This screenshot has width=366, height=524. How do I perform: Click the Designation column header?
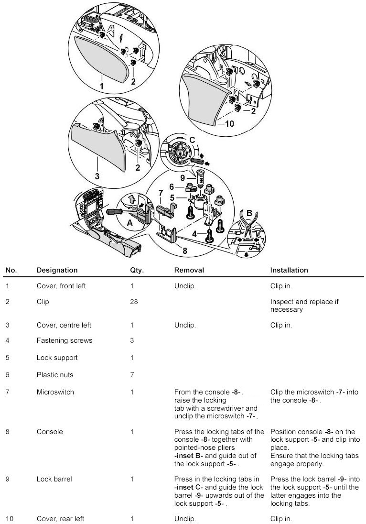(x=57, y=270)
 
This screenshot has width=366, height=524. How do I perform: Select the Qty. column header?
(x=137, y=270)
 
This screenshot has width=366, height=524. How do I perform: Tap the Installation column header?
(x=289, y=270)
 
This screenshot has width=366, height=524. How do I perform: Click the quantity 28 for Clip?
(x=134, y=302)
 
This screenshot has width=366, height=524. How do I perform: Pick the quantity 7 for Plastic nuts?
(x=132, y=375)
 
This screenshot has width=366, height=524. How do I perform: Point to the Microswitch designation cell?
(x=55, y=392)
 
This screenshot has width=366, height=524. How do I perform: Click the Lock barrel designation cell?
(x=54, y=479)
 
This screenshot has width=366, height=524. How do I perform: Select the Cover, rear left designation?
(x=61, y=519)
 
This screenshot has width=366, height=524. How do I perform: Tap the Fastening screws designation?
(x=64, y=340)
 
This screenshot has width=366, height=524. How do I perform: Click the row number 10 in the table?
(x=9, y=519)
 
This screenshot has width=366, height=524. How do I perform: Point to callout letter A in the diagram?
(x=129, y=223)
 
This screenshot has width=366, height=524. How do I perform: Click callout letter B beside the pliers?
(x=248, y=213)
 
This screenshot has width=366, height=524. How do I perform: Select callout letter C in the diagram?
(x=192, y=141)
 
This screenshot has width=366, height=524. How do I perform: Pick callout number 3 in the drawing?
(x=97, y=176)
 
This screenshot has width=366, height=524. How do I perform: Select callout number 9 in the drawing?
(x=182, y=177)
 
